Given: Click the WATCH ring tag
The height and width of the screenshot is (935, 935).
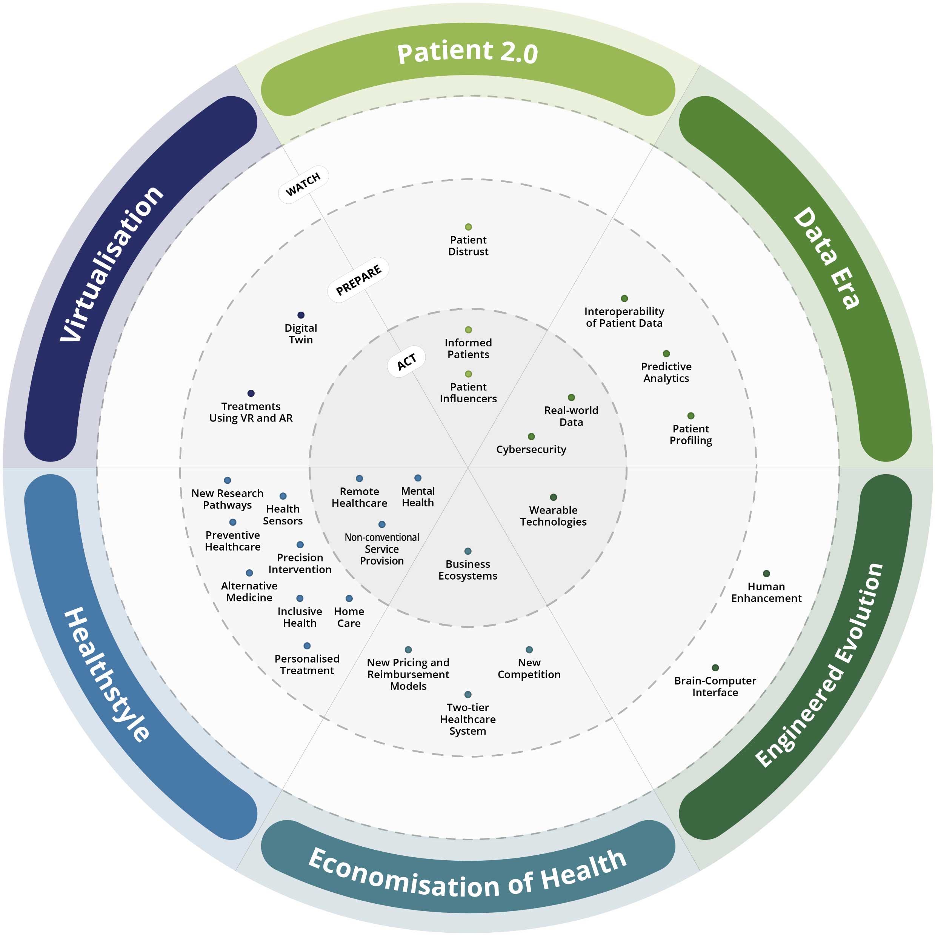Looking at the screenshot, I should [303, 185].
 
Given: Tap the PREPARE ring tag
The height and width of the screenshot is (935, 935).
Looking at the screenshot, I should [358, 280].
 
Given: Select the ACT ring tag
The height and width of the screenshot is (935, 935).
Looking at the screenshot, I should [406, 361].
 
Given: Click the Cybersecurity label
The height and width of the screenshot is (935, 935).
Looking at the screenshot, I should [531, 450].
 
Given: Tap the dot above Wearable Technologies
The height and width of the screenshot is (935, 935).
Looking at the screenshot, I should [553, 497].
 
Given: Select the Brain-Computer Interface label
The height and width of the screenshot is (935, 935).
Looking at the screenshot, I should [715, 687].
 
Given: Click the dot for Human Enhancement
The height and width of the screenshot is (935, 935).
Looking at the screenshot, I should [766, 574].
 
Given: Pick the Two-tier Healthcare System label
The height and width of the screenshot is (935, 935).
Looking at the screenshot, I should [467, 719].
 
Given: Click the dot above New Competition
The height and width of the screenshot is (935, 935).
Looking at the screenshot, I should [529, 649].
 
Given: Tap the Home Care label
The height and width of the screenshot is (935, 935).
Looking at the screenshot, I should [349, 618].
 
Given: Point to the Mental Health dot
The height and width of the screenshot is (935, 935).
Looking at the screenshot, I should [418, 478].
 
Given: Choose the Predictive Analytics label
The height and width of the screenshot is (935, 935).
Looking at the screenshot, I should [666, 373].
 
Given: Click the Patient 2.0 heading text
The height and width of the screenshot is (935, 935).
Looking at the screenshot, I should [467, 52].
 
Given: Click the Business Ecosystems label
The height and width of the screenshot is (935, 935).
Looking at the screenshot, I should [467, 570].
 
